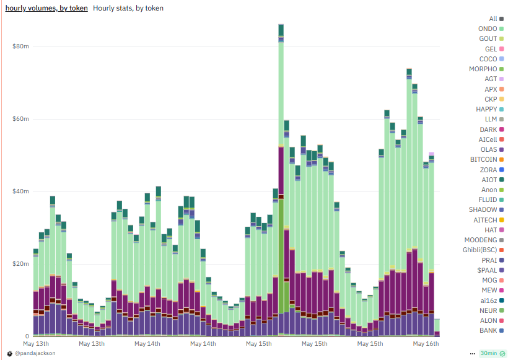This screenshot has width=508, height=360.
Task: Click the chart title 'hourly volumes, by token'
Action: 46,8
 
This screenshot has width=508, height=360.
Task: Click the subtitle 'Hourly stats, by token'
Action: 128,8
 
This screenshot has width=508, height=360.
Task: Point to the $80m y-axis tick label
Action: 20,46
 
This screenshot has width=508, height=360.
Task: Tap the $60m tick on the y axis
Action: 20,119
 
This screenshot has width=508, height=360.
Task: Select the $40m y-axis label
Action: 20,191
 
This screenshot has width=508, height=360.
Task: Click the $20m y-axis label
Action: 20,264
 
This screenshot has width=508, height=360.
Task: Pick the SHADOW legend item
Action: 483,210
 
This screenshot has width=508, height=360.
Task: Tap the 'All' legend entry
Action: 493,19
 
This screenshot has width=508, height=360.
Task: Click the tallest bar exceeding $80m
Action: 281,124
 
